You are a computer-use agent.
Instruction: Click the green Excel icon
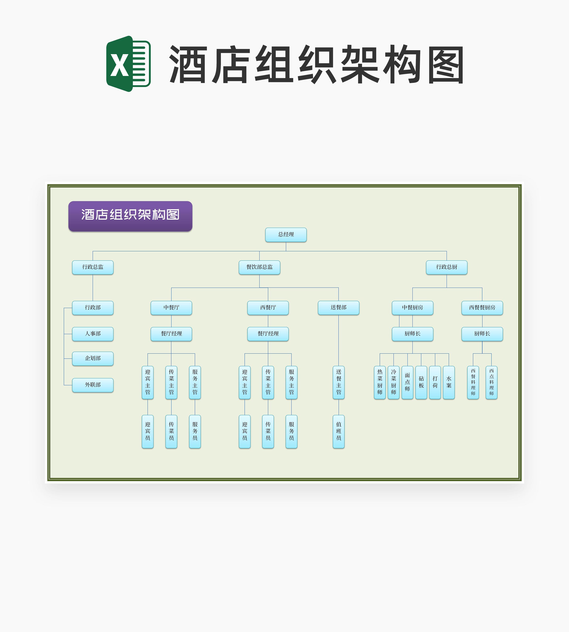coord(128,64)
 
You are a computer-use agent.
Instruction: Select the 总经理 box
coord(286,235)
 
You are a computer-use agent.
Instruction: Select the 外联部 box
coord(92,385)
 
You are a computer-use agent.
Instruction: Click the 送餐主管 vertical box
coord(339,382)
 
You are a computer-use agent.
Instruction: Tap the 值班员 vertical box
coord(339,432)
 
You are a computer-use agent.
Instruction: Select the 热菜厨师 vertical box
coord(380,382)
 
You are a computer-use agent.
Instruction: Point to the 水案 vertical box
coord(449,382)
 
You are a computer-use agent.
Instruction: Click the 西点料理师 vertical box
coord(492,382)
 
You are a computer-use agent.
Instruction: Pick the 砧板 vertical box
coord(421,382)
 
